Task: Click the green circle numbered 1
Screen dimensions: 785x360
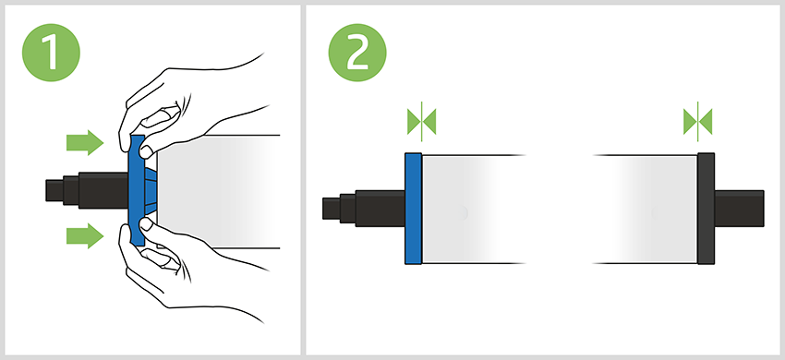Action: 51,53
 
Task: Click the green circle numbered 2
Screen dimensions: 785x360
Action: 357,53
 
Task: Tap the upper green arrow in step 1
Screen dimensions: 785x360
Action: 85,143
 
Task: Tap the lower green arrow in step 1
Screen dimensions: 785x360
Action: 85,235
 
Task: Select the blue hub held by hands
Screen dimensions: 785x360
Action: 137,190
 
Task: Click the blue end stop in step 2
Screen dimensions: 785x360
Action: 414,209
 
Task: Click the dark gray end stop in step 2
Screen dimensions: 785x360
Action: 706,209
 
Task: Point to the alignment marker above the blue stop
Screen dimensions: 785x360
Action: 421,122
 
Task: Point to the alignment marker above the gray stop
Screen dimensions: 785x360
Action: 697,122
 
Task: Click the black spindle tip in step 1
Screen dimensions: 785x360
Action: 54,190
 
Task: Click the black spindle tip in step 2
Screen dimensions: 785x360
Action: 331,209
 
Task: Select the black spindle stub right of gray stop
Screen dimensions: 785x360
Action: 739,209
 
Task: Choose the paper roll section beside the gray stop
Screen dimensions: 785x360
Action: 646,209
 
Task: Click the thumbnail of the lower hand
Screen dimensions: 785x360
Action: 146,223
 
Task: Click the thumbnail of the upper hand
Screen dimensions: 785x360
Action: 146,151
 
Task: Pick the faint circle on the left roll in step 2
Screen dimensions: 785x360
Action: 461,213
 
